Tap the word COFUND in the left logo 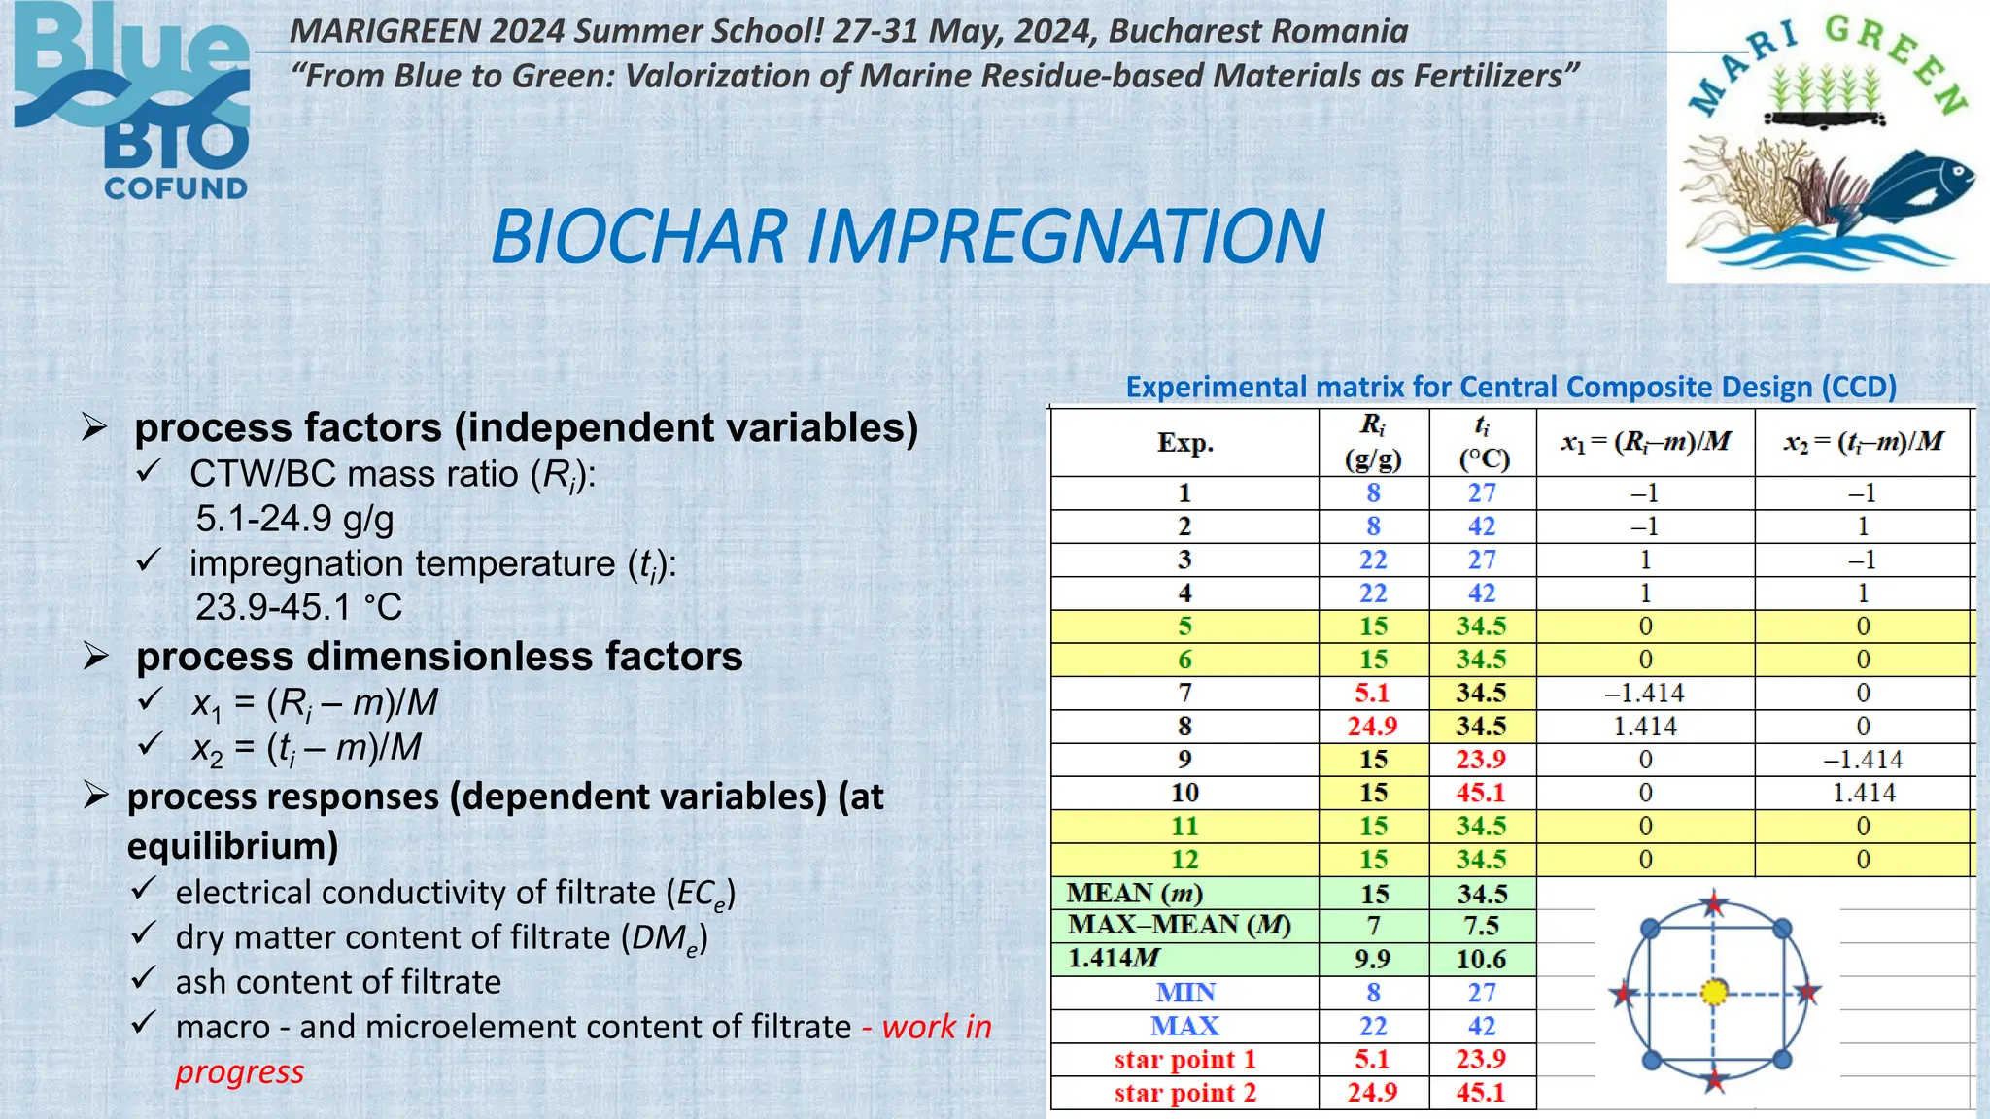point(176,188)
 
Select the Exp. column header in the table point(1184,443)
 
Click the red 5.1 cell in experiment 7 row point(1372,694)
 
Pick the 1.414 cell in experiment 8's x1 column point(1644,727)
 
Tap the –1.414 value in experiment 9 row point(1863,760)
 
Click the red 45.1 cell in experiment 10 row point(1480,793)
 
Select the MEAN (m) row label point(1134,893)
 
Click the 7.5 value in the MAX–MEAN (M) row point(1481,926)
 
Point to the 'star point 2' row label point(1184,1093)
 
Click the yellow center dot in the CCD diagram point(1715,992)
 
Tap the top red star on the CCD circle point(1714,904)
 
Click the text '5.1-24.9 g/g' point(294,519)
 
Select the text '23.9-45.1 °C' point(298,607)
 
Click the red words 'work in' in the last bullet point(936,1027)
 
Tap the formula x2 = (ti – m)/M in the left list point(306,747)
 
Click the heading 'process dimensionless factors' point(439,657)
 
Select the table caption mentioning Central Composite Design point(1511,387)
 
